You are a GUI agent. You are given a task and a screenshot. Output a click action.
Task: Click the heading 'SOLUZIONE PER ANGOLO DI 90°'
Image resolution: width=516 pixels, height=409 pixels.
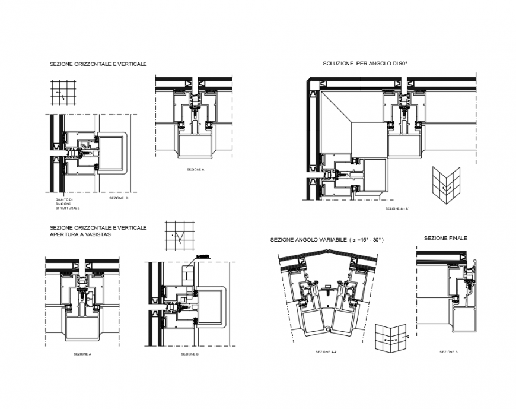point(365,64)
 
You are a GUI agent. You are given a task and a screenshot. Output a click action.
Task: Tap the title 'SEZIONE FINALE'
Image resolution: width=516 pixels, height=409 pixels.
point(445,238)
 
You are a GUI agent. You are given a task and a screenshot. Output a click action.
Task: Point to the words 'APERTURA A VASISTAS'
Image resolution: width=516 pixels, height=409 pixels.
point(81,234)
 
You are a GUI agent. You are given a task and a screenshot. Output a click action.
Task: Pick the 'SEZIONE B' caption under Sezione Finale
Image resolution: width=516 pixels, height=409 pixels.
point(447,352)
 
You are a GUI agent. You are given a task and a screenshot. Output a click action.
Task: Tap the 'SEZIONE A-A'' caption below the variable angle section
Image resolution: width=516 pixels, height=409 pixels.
point(327,353)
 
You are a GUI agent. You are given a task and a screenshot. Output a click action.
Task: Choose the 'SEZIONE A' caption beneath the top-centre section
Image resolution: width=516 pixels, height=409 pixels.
point(196,170)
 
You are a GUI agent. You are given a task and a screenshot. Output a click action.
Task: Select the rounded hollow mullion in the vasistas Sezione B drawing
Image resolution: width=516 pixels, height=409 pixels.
point(210,307)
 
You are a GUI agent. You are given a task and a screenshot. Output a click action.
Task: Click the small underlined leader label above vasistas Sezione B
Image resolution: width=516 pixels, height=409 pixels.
point(203,256)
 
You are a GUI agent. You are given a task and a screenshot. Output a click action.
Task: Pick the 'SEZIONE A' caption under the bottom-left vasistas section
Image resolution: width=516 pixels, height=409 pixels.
point(82,354)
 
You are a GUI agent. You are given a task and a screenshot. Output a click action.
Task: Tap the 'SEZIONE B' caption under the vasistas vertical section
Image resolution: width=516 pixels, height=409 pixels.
point(190,354)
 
